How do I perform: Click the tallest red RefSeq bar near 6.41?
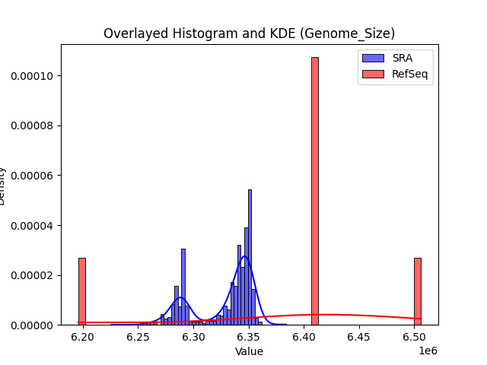314,190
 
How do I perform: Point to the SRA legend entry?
396,58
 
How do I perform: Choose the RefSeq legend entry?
396,75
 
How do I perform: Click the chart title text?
249,33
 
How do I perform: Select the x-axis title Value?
249,351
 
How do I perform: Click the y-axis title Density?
7,186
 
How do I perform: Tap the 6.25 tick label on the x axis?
138,336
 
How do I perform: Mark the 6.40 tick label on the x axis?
304,336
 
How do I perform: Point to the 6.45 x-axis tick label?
359,336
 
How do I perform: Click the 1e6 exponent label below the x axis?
427,350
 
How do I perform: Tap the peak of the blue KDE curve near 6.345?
244,256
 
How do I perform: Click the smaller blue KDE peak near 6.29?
180,297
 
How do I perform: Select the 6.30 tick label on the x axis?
193,336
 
